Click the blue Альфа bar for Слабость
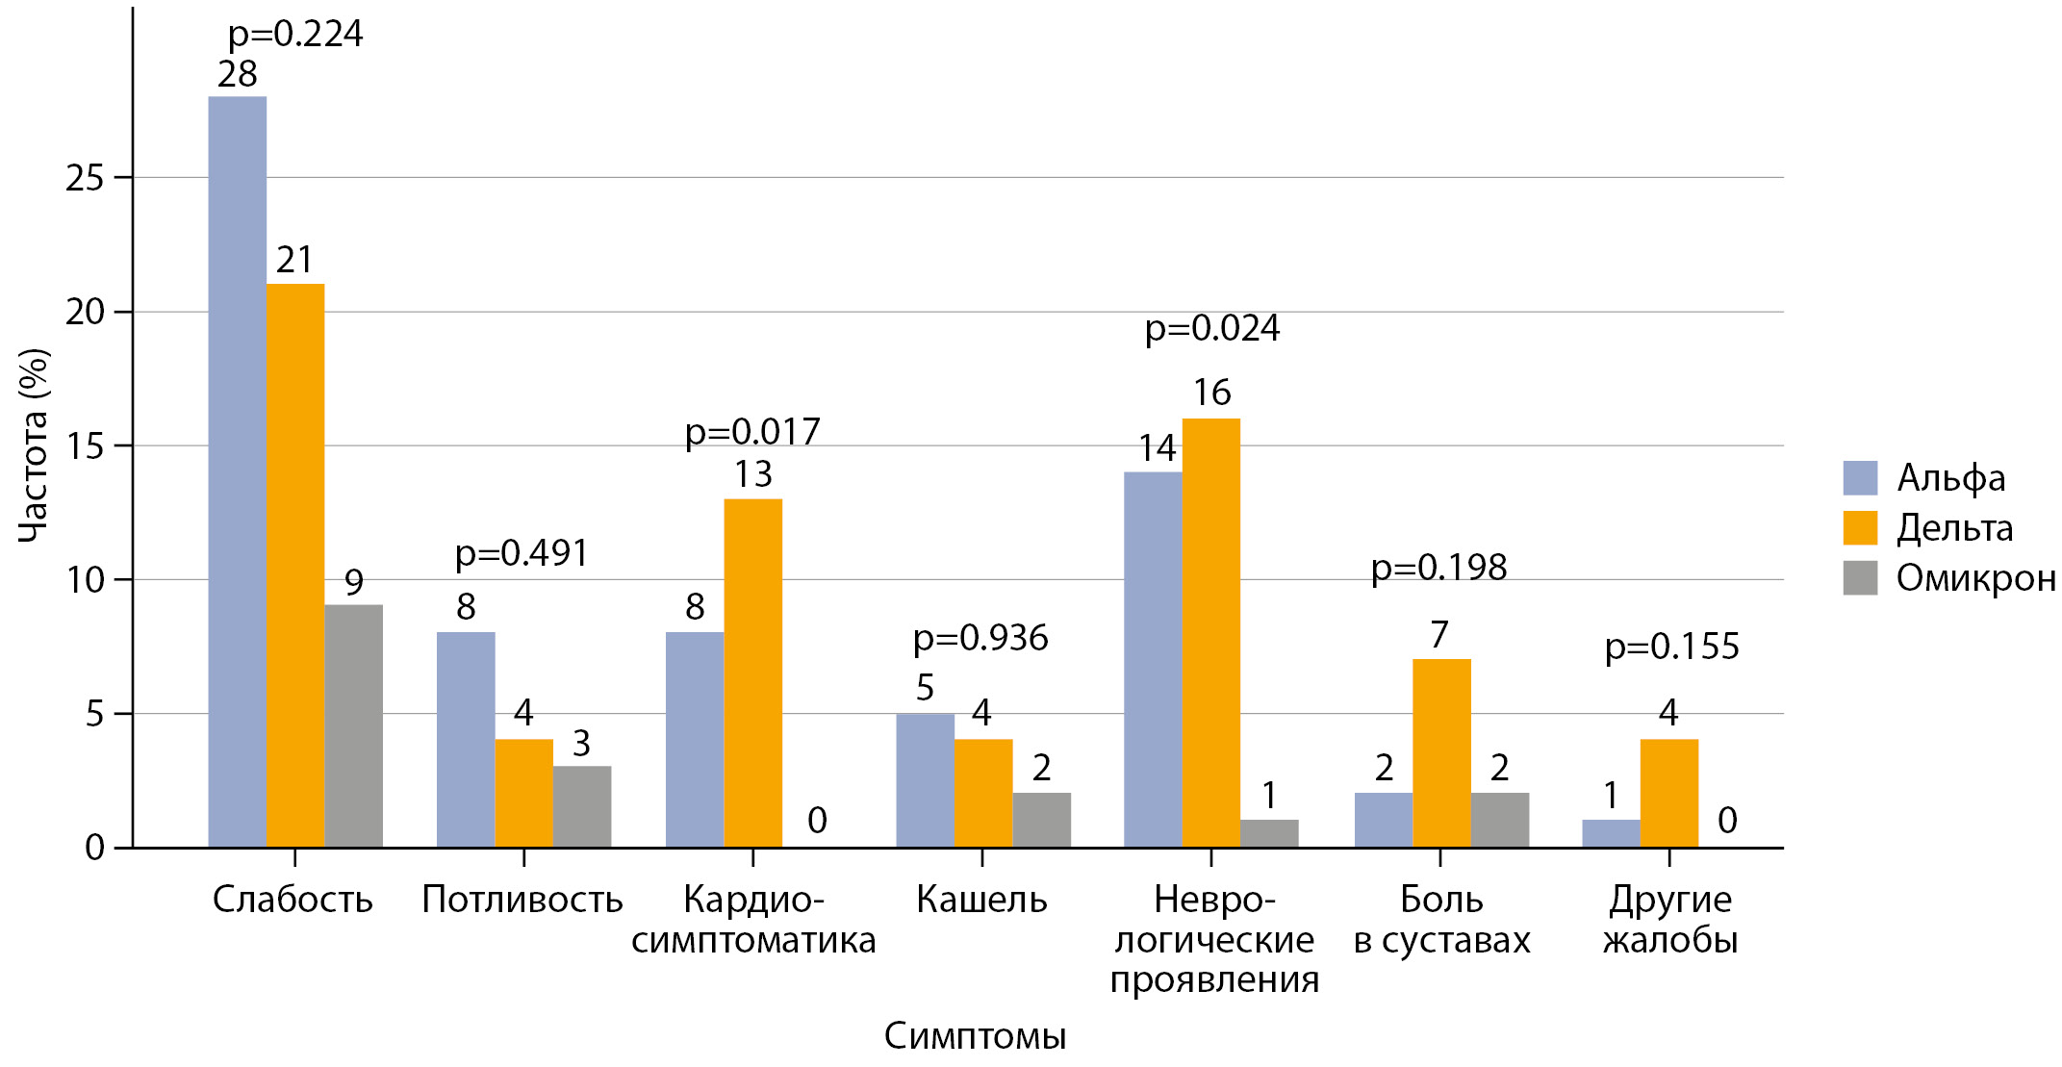(237, 471)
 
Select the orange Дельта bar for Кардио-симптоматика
(752, 673)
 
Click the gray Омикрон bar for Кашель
(1041, 820)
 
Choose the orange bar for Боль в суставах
(1441, 753)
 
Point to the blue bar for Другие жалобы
(1611, 833)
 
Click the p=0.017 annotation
(752, 431)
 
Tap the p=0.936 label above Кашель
(980, 637)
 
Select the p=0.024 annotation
(1212, 328)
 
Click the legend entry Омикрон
(1974, 578)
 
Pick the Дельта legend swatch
(1860, 528)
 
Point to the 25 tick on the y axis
(85, 178)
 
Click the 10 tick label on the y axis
(85, 580)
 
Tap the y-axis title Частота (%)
(34, 445)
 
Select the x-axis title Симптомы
(975, 1036)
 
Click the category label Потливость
(522, 900)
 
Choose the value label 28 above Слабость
(238, 74)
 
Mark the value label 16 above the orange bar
(1211, 393)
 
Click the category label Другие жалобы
(1670, 919)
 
